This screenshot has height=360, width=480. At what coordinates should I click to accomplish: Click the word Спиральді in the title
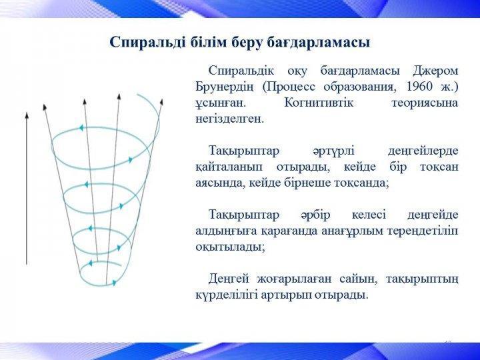click(147, 43)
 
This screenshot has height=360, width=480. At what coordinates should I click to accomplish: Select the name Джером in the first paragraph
click(435, 71)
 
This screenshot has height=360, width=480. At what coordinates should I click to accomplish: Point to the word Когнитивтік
click(319, 103)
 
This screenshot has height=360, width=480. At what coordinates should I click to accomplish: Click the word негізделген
click(229, 119)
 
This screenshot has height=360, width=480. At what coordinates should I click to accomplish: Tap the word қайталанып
click(229, 167)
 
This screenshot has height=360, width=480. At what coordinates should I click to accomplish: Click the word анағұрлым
click(352, 231)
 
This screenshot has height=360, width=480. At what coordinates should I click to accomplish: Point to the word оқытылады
click(230, 247)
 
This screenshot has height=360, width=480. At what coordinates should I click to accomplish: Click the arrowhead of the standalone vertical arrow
click(27, 116)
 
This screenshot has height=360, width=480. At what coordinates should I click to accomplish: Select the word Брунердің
click(225, 87)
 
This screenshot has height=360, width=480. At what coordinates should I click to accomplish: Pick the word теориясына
click(425, 103)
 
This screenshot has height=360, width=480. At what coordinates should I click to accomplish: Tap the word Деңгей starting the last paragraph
click(229, 279)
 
